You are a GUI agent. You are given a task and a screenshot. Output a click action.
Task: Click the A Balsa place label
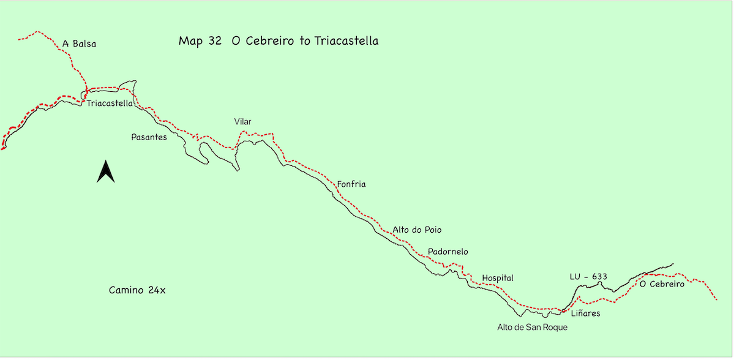pos(80,43)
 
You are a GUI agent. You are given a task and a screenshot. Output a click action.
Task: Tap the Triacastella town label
pos(110,103)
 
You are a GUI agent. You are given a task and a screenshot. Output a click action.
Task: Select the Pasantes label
pos(149,137)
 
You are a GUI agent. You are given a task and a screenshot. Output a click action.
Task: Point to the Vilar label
pos(242,122)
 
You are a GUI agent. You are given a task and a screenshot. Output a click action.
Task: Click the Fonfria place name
pos(351,184)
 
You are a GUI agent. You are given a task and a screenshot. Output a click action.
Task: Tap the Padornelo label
pos(448,252)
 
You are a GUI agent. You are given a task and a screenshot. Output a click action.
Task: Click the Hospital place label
pos(497,278)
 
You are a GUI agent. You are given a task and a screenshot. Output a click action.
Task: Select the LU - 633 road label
pos(588,277)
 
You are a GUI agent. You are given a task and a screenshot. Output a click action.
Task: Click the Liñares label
pos(585,313)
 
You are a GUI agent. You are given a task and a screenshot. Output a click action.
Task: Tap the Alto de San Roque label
pos(532,327)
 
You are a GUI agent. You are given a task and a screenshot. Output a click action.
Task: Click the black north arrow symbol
pos(106,171)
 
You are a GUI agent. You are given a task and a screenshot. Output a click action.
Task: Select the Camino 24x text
pos(137,290)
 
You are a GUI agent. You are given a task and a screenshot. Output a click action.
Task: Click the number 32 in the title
pos(214,41)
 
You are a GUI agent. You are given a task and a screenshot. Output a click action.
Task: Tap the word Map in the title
pos(189,41)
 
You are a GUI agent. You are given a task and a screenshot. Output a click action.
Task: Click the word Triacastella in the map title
pos(346,41)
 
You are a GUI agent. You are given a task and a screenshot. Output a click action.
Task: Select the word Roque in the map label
pos(555,327)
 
